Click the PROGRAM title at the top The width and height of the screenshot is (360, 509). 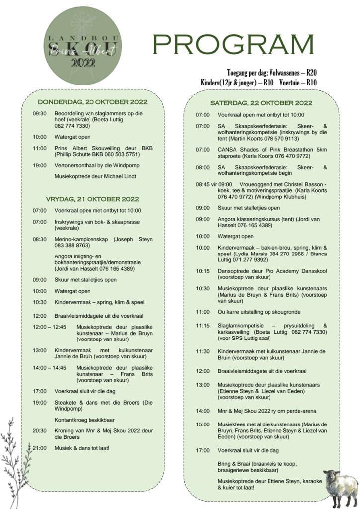coord(233,45)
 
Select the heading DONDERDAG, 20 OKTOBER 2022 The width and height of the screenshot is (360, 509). coord(93,103)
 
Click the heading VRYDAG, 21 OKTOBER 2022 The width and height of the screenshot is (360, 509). coord(92,199)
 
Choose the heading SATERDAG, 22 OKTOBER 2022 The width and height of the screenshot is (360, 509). coord(261,103)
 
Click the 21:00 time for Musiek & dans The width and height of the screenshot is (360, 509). coord(40,448)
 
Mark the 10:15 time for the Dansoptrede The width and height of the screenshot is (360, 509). coord(203,272)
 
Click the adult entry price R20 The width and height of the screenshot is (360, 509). coord(312,73)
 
